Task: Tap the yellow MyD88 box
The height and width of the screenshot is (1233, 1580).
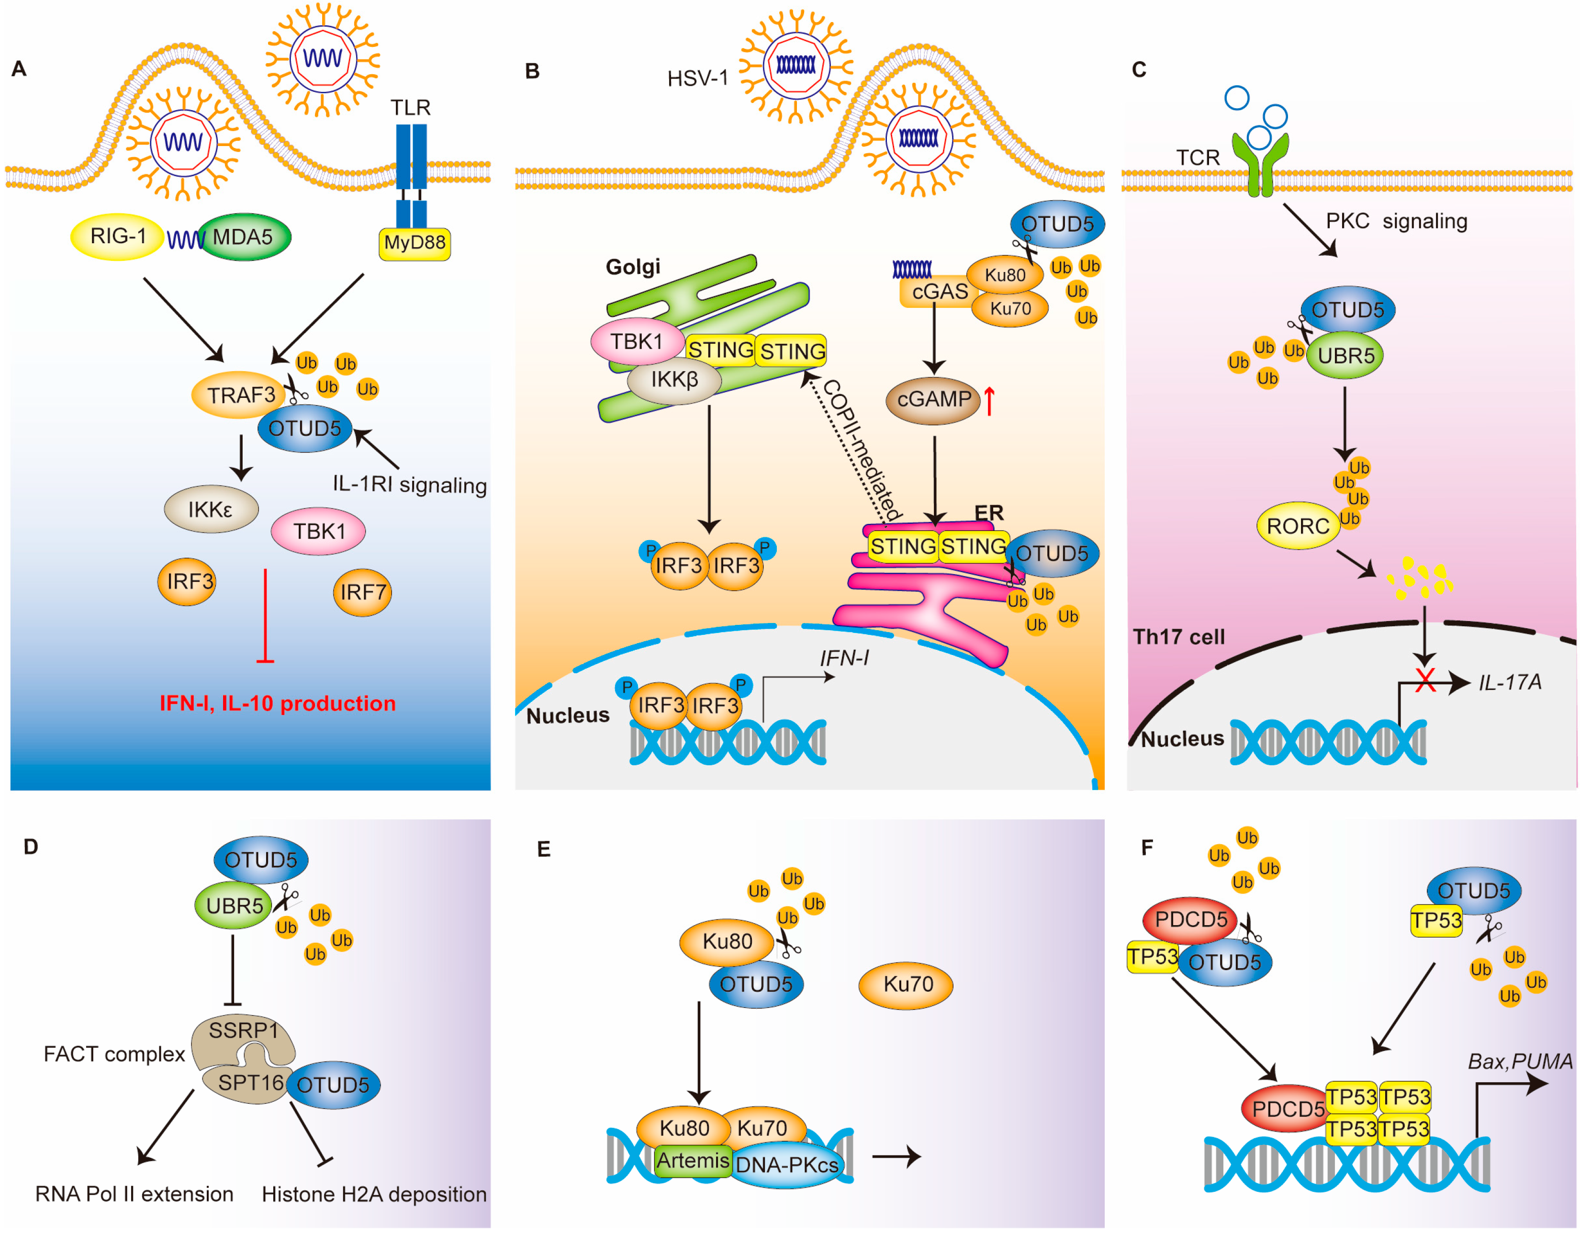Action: pos(415,244)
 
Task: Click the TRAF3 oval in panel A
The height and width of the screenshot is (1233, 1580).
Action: pos(239,395)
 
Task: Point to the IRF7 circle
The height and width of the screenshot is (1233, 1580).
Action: pos(362,592)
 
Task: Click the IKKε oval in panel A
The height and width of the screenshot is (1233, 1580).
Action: pos(211,509)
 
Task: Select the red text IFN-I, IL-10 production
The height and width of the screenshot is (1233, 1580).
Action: pos(278,703)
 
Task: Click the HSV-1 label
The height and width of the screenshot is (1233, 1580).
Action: pos(697,78)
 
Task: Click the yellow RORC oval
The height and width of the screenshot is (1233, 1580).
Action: pos(1298,526)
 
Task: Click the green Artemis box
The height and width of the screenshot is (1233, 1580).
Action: pos(692,1161)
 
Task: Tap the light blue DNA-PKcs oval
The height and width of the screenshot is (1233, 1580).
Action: pos(786,1164)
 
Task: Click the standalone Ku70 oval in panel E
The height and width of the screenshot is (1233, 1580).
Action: pos(906,984)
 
